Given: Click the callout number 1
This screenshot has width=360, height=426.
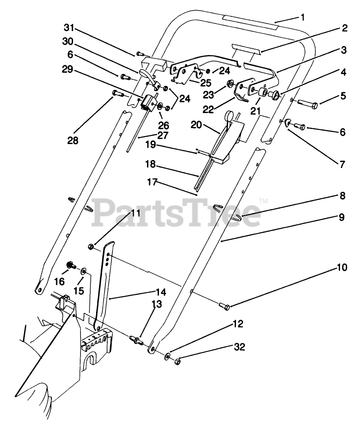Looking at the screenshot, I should point(302,18).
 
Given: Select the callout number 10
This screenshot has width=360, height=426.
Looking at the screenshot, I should point(342,268).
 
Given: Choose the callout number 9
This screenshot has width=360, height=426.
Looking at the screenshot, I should point(341,217).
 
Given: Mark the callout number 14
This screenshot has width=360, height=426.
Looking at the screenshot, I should point(160,292).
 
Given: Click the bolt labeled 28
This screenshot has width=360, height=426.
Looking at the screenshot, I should point(117,93).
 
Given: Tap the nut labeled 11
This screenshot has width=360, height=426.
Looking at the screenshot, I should point(91,246).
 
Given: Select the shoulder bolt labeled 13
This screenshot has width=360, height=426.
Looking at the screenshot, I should point(136,340).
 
